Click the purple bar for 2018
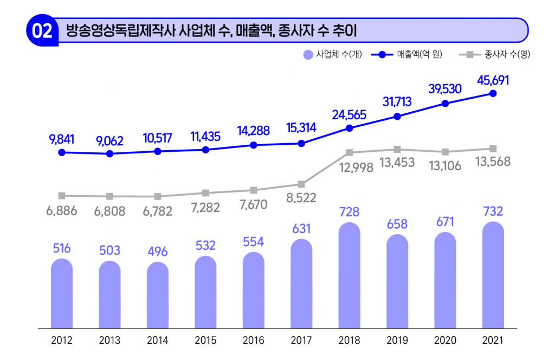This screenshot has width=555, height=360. pyautogui.click(x=349, y=277)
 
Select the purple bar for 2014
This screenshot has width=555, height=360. pyautogui.click(x=158, y=295)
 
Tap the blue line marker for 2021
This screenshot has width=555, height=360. pyautogui.click(x=493, y=93)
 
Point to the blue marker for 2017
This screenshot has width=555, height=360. pyautogui.click(x=301, y=143)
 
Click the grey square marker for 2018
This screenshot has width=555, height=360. pyautogui.click(x=350, y=153)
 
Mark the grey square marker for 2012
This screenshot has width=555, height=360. pyautogui.click(x=62, y=196)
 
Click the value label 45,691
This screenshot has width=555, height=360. pyautogui.click(x=493, y=80)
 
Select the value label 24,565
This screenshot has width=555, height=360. pyautogui.click(x=349, y=115)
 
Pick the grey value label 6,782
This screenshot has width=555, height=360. pyautogui.click(x=157, y=210)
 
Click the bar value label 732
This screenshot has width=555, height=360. pyautogui.click(x=493, y=211)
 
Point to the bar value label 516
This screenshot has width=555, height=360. pyautogui.click(x=62, y=248)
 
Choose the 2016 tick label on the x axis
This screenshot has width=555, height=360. pyautogui.click(x=253, y=341)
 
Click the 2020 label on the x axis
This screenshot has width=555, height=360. pyautogui.click(x=445, y=341)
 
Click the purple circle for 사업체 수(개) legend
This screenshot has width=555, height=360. pyautogui.click(x=308, y=54)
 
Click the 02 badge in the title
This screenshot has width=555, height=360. pyautogui.click(x=42, y=31)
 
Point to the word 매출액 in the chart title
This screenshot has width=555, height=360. pyautogui.click(x=253, y=30)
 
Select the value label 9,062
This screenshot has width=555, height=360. pyautogui.click(x=109, y=141)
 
